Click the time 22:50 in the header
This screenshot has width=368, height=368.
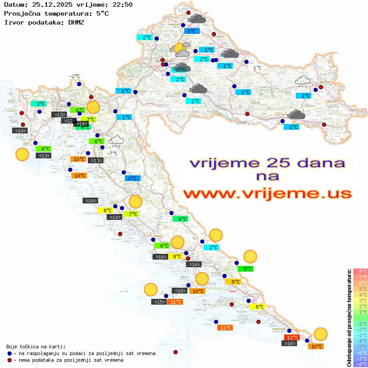[123, 4]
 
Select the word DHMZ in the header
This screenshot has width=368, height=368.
[79, 22]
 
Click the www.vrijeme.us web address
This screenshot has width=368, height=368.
[267, 194]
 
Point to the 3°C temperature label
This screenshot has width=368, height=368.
[41, 104]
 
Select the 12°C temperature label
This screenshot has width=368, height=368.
[292, 338]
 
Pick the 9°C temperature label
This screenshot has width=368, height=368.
[236, 281]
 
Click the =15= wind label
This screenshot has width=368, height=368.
[159, 302]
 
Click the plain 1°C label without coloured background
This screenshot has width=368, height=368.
[257, 68]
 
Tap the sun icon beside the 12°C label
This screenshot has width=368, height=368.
[320, 334]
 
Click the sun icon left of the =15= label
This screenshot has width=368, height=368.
[151, 289]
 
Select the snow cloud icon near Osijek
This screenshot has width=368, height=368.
[303, 80]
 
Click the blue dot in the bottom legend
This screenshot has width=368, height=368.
[10, 353]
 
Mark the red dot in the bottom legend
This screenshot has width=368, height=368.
[10, 360]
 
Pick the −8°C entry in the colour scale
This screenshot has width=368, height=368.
[360, 364]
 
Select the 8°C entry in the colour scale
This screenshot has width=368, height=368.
[360, 271]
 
